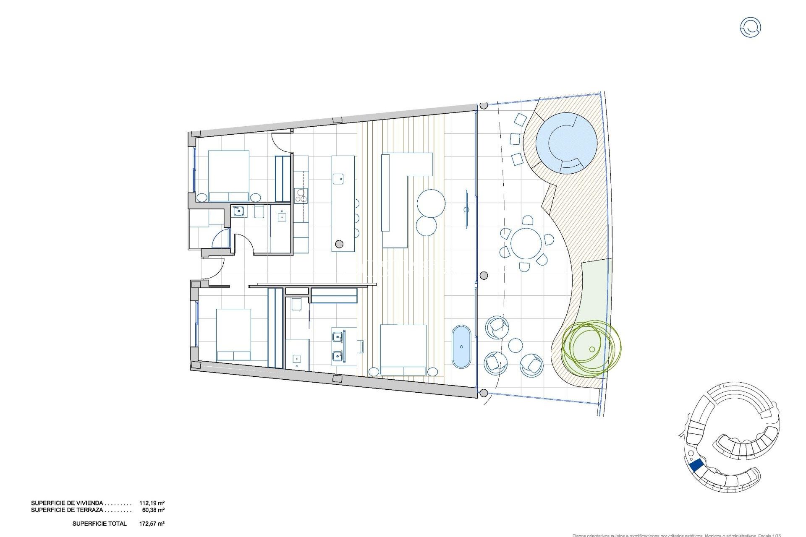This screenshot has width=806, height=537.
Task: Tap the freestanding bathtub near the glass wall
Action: (461, 347)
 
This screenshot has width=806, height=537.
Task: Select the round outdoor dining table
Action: (526, 243)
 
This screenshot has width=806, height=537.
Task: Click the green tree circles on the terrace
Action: (591, 347)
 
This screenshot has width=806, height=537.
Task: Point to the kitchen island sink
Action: (338, 179)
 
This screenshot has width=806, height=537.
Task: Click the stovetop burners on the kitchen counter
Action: (301, 196)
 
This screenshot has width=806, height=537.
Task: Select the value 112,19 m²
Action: (152, 503)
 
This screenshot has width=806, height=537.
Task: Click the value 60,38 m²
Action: (153, 510)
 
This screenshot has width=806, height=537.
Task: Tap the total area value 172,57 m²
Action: (152, 524)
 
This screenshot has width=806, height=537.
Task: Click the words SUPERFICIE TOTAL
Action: (99, 524)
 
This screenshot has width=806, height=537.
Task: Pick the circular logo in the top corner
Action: (750, 27)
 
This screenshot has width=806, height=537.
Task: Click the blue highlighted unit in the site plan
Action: (696, 465)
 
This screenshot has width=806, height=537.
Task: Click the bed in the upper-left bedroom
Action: (229, 176)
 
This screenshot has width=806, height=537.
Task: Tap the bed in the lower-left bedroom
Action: (234, 335)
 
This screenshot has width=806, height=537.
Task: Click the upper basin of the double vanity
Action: (337, 336)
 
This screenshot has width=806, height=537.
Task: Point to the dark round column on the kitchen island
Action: (339, 244)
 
